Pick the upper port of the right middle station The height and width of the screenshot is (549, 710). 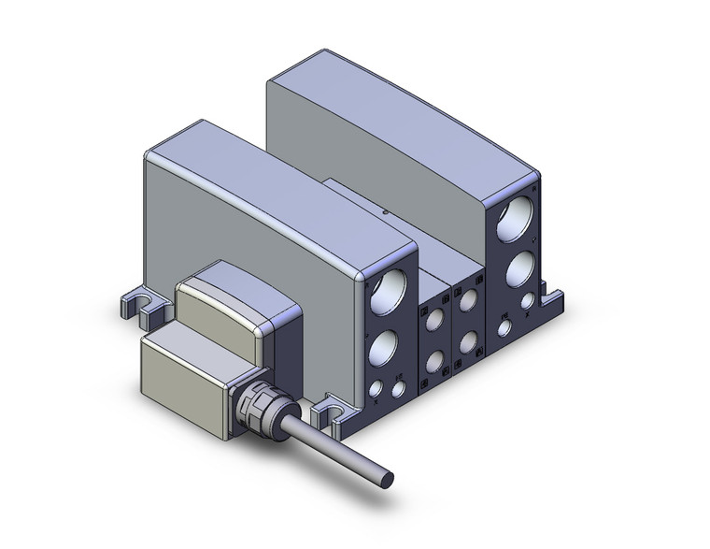click(x=466, y=300)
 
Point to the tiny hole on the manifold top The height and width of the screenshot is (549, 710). click(x=388, y=212)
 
